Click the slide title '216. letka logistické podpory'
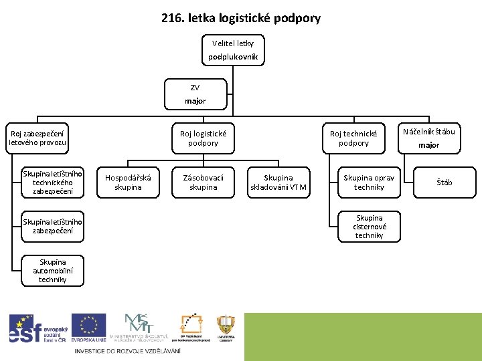(x=241, y=18)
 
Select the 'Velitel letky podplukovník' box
(x=232, y=50)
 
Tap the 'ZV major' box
(x=195, y=94)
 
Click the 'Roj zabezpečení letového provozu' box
(x=37, y=138)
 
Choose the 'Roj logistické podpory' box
(x=203, y=138)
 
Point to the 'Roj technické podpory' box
(x=353, y=138)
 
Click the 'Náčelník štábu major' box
(x=428, y=138)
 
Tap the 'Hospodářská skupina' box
(x=128, y=183)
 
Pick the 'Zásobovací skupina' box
(x=203, y=183)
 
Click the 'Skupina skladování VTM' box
(x=278, y=183)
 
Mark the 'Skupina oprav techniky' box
(x=369, y=183)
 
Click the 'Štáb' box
(x=445, y=183)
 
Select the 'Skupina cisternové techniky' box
(x=369, y=227)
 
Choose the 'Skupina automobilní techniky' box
(x=52, y=270)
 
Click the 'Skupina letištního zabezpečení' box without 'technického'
(x=52, y=227)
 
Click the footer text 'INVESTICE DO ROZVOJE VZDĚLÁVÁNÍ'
(x=128, y=352)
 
